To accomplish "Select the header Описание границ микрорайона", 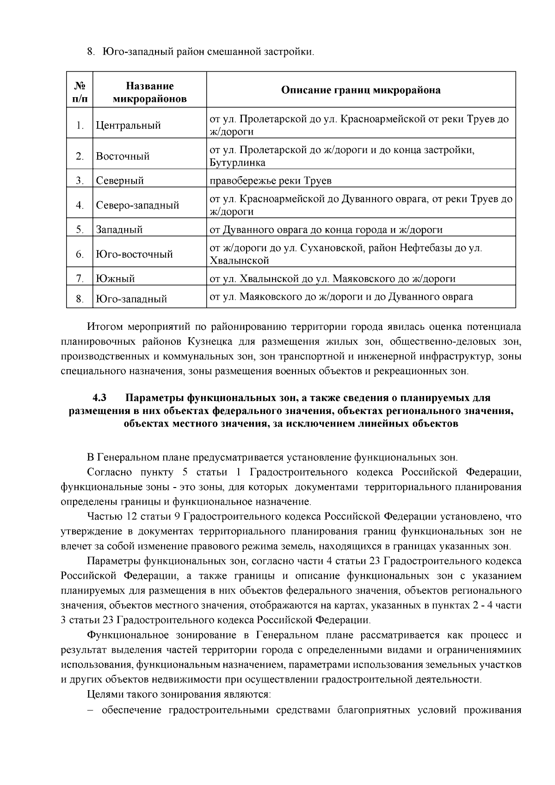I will (361, 90).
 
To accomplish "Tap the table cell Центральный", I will (129, 125).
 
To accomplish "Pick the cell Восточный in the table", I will (123, 156).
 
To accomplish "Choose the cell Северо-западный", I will (137, 205).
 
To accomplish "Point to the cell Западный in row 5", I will (119, 229).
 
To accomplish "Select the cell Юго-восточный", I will (134, 254).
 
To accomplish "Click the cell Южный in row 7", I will (116, 279).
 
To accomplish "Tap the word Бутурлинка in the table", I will (237, 163).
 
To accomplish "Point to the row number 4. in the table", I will (80, 205).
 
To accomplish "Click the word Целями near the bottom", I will (105, 695).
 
